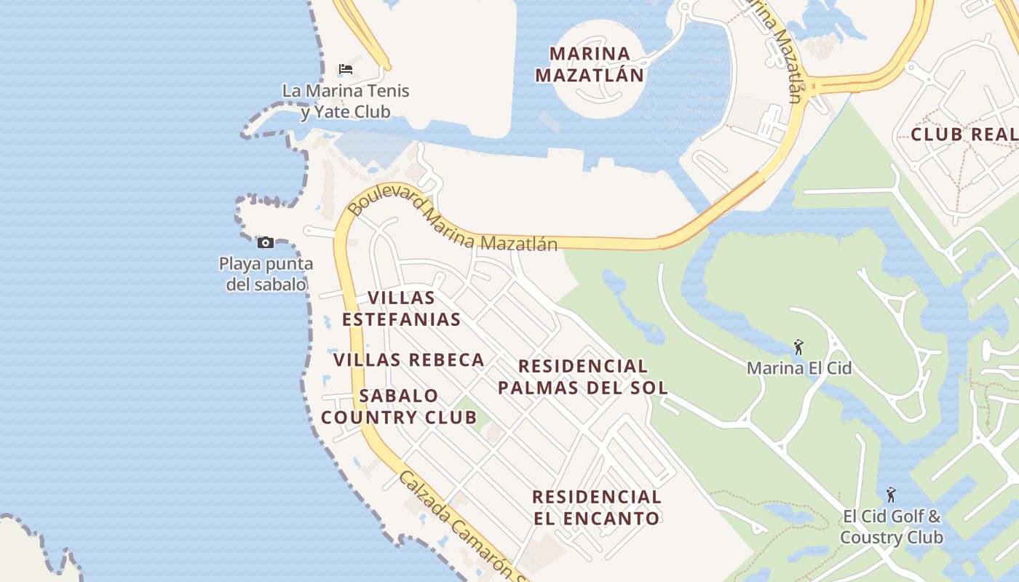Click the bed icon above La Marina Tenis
point(346,69)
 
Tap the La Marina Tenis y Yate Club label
point(346,101)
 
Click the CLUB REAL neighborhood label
point(963,135)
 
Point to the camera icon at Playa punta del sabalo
point(266,242)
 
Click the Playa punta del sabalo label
point(266,274)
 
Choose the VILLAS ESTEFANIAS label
point(401,308)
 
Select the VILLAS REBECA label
point(409,359)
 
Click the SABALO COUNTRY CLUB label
point(400,407)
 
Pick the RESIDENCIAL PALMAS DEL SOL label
point(582,377)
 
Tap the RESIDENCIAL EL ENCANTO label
point(597,508)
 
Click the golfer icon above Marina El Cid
point(798,348)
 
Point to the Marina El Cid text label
point(798,368)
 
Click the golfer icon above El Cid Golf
point(891,495)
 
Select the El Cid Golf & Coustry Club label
point(892,527)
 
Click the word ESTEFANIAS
point(401,319)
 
